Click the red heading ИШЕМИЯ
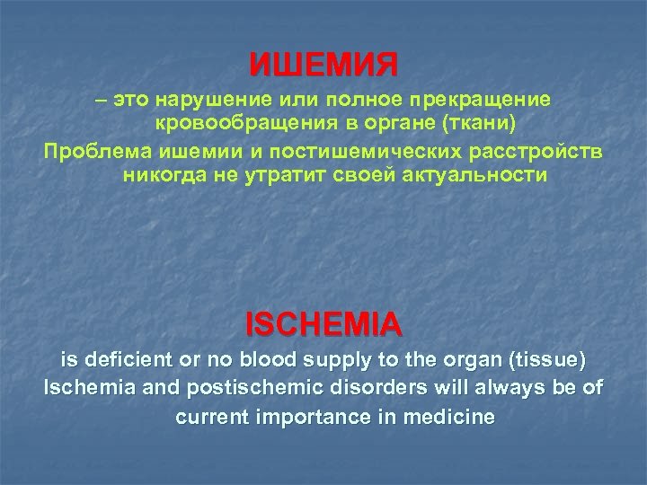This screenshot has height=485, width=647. pyautogui.click(x=323, y=66)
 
